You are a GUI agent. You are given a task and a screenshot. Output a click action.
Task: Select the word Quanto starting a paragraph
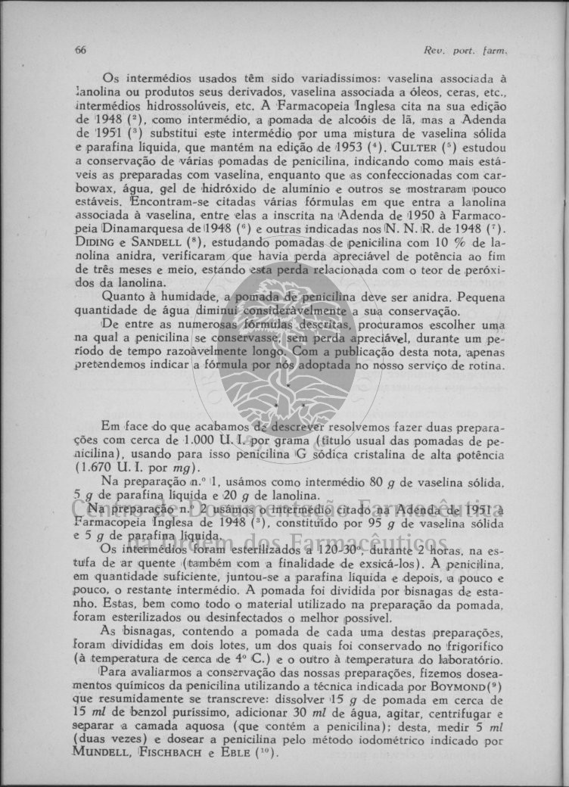(122, 297)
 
